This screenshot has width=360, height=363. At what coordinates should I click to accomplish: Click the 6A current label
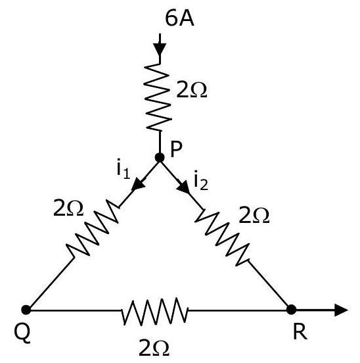179,18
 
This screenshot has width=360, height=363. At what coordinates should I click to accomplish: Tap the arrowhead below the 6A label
160,49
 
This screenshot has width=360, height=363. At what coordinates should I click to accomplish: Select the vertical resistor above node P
158,97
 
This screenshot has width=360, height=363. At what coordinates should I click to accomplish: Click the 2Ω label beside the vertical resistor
191,90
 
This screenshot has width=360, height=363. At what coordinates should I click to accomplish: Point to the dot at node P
160,158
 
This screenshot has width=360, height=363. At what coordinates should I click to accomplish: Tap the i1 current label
124,168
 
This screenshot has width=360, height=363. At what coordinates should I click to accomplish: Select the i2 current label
201,181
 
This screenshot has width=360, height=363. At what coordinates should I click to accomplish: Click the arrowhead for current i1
138,184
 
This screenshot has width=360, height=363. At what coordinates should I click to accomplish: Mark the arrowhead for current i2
183,186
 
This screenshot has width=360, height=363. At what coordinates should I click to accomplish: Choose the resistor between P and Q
93,228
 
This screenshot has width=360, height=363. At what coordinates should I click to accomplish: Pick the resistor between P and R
222,237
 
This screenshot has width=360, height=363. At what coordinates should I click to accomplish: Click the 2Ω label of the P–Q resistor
68,208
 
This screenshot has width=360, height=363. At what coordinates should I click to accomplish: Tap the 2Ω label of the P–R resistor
254,215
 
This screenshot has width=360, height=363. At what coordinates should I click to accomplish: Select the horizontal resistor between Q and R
154,311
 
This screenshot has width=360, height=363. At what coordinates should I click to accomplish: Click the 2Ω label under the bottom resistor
154,348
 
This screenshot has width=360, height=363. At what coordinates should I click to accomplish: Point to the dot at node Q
26,310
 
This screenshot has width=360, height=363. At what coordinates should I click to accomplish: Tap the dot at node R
291,310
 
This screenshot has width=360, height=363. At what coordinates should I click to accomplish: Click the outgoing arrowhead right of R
341,310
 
